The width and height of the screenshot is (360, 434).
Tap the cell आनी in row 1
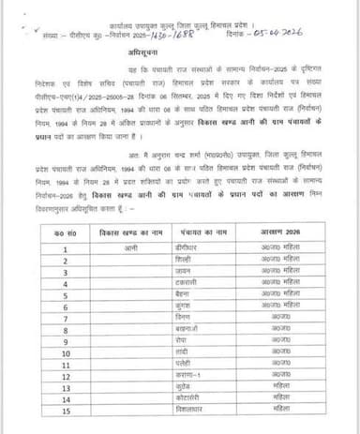point(130,248)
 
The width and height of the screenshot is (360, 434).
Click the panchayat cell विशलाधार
point(202,409)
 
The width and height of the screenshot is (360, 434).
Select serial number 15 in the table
point(67,409)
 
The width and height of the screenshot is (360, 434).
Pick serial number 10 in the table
point(67,352)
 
